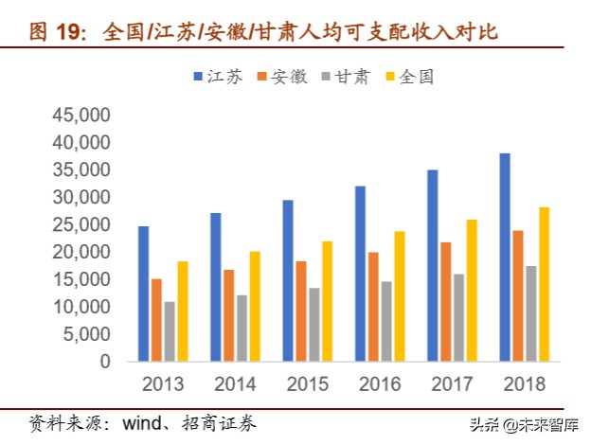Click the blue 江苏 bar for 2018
pos(506,258)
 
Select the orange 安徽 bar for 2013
pos(156,320)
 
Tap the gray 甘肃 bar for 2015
pos(313,325)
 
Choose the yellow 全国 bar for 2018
pos(544,284)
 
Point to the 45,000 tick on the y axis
pos(81,116)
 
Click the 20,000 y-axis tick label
pos(81,253)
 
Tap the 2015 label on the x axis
pos(307,385)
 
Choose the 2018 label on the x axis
pos(525,385)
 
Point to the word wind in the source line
pos(140,422)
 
